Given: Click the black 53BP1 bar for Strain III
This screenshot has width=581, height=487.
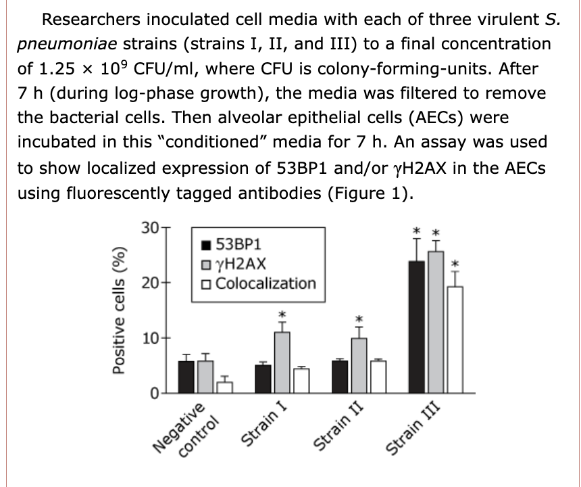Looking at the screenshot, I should click(x=417, y=327).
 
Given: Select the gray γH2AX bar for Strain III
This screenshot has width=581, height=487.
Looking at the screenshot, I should click(x=436, y=322).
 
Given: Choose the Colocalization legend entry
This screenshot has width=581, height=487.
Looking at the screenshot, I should click(x=259, y=283).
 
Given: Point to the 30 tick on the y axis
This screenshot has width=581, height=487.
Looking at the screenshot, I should click(x=152, y=228).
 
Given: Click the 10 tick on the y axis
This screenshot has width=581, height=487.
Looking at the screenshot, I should click(x=152, y=338).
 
